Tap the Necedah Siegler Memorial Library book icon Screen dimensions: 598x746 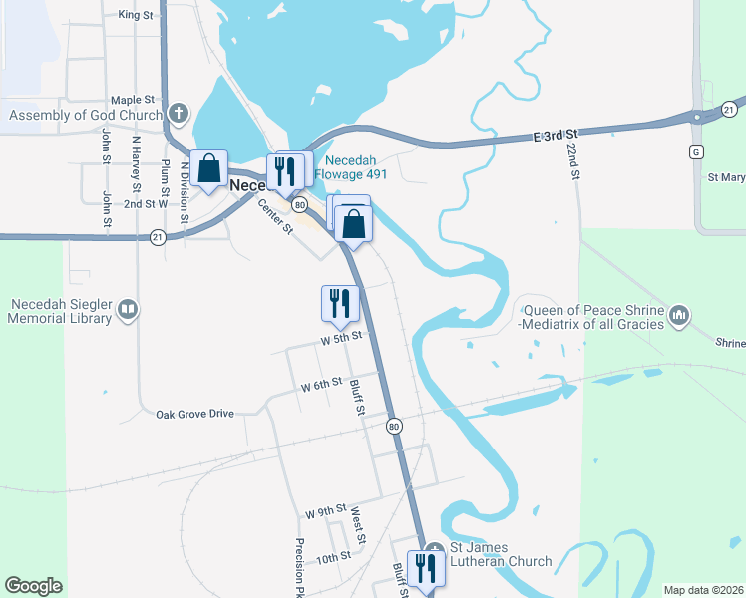click(127, 311)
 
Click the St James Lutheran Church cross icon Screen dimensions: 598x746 click(435, 549)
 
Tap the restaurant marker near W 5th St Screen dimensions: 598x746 click(339, 303)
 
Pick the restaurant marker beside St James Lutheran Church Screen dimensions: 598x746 click(426, 568)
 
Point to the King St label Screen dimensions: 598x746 click(135, 15)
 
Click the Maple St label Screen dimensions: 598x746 click(133, 100)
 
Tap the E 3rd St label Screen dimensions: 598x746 click(555, 132)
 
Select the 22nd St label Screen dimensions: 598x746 click(573, 159)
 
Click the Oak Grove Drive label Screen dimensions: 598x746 click(194, 413)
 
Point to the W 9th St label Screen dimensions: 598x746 click(325, 512)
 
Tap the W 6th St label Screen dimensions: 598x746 click(321, 384)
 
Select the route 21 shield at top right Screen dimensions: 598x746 click(730, 108)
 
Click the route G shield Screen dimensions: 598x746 click(696, 151)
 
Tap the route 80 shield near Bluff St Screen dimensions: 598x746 click(395, 426)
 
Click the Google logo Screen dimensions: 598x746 click(33, 586)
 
